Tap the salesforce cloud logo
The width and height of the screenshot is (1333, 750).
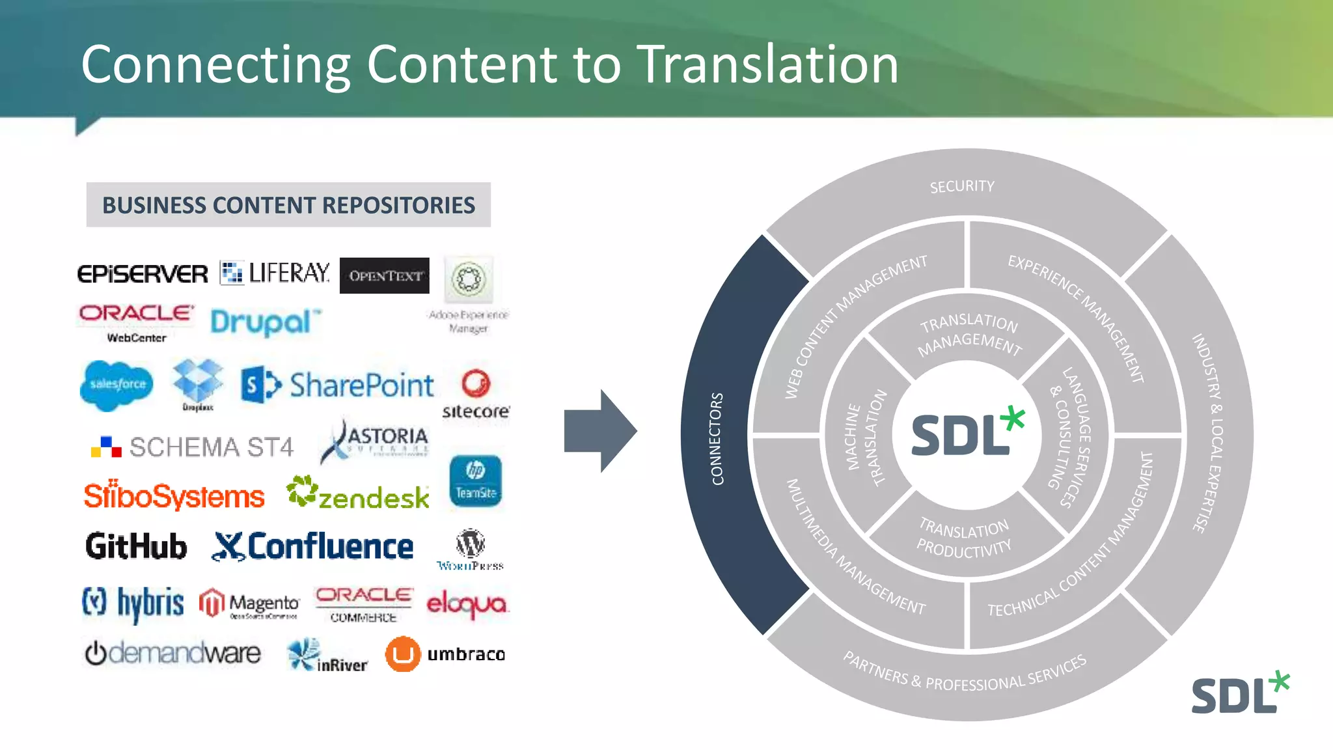click(x=117, y=384)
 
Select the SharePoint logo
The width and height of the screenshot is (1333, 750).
click(x=337, y=385)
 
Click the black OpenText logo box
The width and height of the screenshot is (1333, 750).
click(x=384, y=275)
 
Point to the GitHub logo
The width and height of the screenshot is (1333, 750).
click(x=136, y=546)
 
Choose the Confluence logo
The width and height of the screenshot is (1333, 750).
click(x=313, y=546)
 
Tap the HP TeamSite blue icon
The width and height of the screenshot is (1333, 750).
click(x=475, y=481)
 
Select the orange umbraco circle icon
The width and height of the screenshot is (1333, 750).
click(x=402, y=654)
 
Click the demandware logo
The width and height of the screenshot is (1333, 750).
click(x=173, y=653)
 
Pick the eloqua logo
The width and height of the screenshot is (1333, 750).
click(x=467, y=604)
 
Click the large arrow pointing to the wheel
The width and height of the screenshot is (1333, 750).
click(x=599, y=431)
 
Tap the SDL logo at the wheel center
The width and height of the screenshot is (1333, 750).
click(x=967, y=434)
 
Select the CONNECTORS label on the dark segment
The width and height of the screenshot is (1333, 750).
click(x=717, y=439)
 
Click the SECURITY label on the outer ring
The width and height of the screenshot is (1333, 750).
click(x=962, y=187)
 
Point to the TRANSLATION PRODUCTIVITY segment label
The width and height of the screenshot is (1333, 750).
click(x=965, y=538)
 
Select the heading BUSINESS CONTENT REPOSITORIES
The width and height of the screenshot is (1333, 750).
click(x=288, y=205)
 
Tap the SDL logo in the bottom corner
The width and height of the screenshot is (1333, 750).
click(x=1239, y=693)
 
